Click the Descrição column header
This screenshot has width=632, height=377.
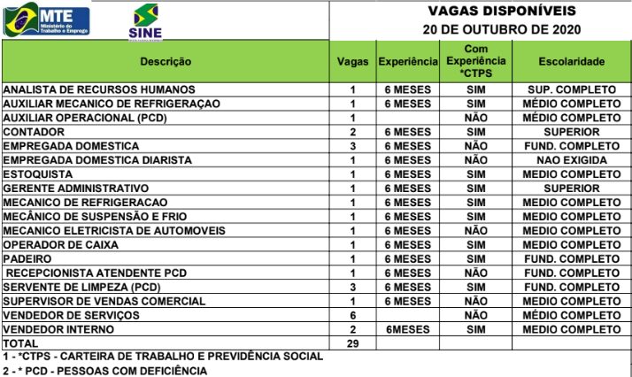tap(166, 62)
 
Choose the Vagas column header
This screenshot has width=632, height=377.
tap(353, 62)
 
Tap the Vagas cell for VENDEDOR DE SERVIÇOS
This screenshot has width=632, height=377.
tap(353, 315)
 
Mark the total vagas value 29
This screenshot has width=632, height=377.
tap(353, 343)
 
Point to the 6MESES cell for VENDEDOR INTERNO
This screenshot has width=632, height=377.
tap(408, 329)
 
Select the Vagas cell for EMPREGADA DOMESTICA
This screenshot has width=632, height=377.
tap(353, 145)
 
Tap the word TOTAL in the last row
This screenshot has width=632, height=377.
tap(22, 343)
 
